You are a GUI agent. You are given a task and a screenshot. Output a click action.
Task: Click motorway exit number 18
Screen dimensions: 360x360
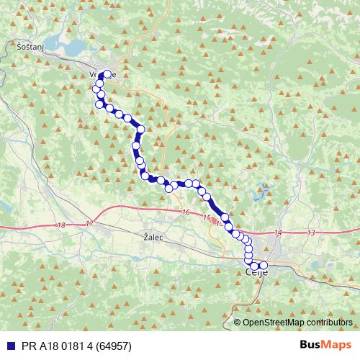point(60,225)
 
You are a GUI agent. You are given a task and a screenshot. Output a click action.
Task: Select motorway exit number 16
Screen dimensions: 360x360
point(186,212)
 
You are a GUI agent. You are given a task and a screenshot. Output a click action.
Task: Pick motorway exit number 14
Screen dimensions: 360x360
point(279,232)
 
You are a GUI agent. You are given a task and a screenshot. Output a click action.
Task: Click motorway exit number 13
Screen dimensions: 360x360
point(311,233)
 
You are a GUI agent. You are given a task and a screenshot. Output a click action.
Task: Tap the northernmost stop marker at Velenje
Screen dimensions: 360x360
point(107,74)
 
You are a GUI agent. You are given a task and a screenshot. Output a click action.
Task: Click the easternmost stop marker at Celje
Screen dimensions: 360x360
point(264,266)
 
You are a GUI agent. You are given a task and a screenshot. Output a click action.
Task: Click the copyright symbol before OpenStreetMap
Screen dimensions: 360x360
point(238,322)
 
